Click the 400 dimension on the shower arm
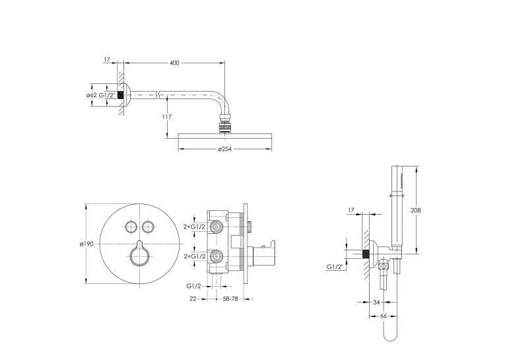tap(174, 63)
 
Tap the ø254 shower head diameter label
tap(224, 149)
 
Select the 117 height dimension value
tap(166, 117)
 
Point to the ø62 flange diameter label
tap(92, 95)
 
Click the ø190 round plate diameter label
tap(86, 244)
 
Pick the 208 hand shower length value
tap(416, 210)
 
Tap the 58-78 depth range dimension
tap(230, 299)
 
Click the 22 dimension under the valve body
tap(193, 299)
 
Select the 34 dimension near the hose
tap(376, 303)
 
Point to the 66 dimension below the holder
tap(384, 316)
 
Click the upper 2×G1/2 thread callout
tap(194, 227)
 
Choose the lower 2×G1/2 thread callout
tap(194, 256)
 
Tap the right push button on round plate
tap(147, 227)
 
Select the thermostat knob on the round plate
tap(139, 254)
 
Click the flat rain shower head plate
tap(225, 135)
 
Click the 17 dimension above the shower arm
tap(107, 59)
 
